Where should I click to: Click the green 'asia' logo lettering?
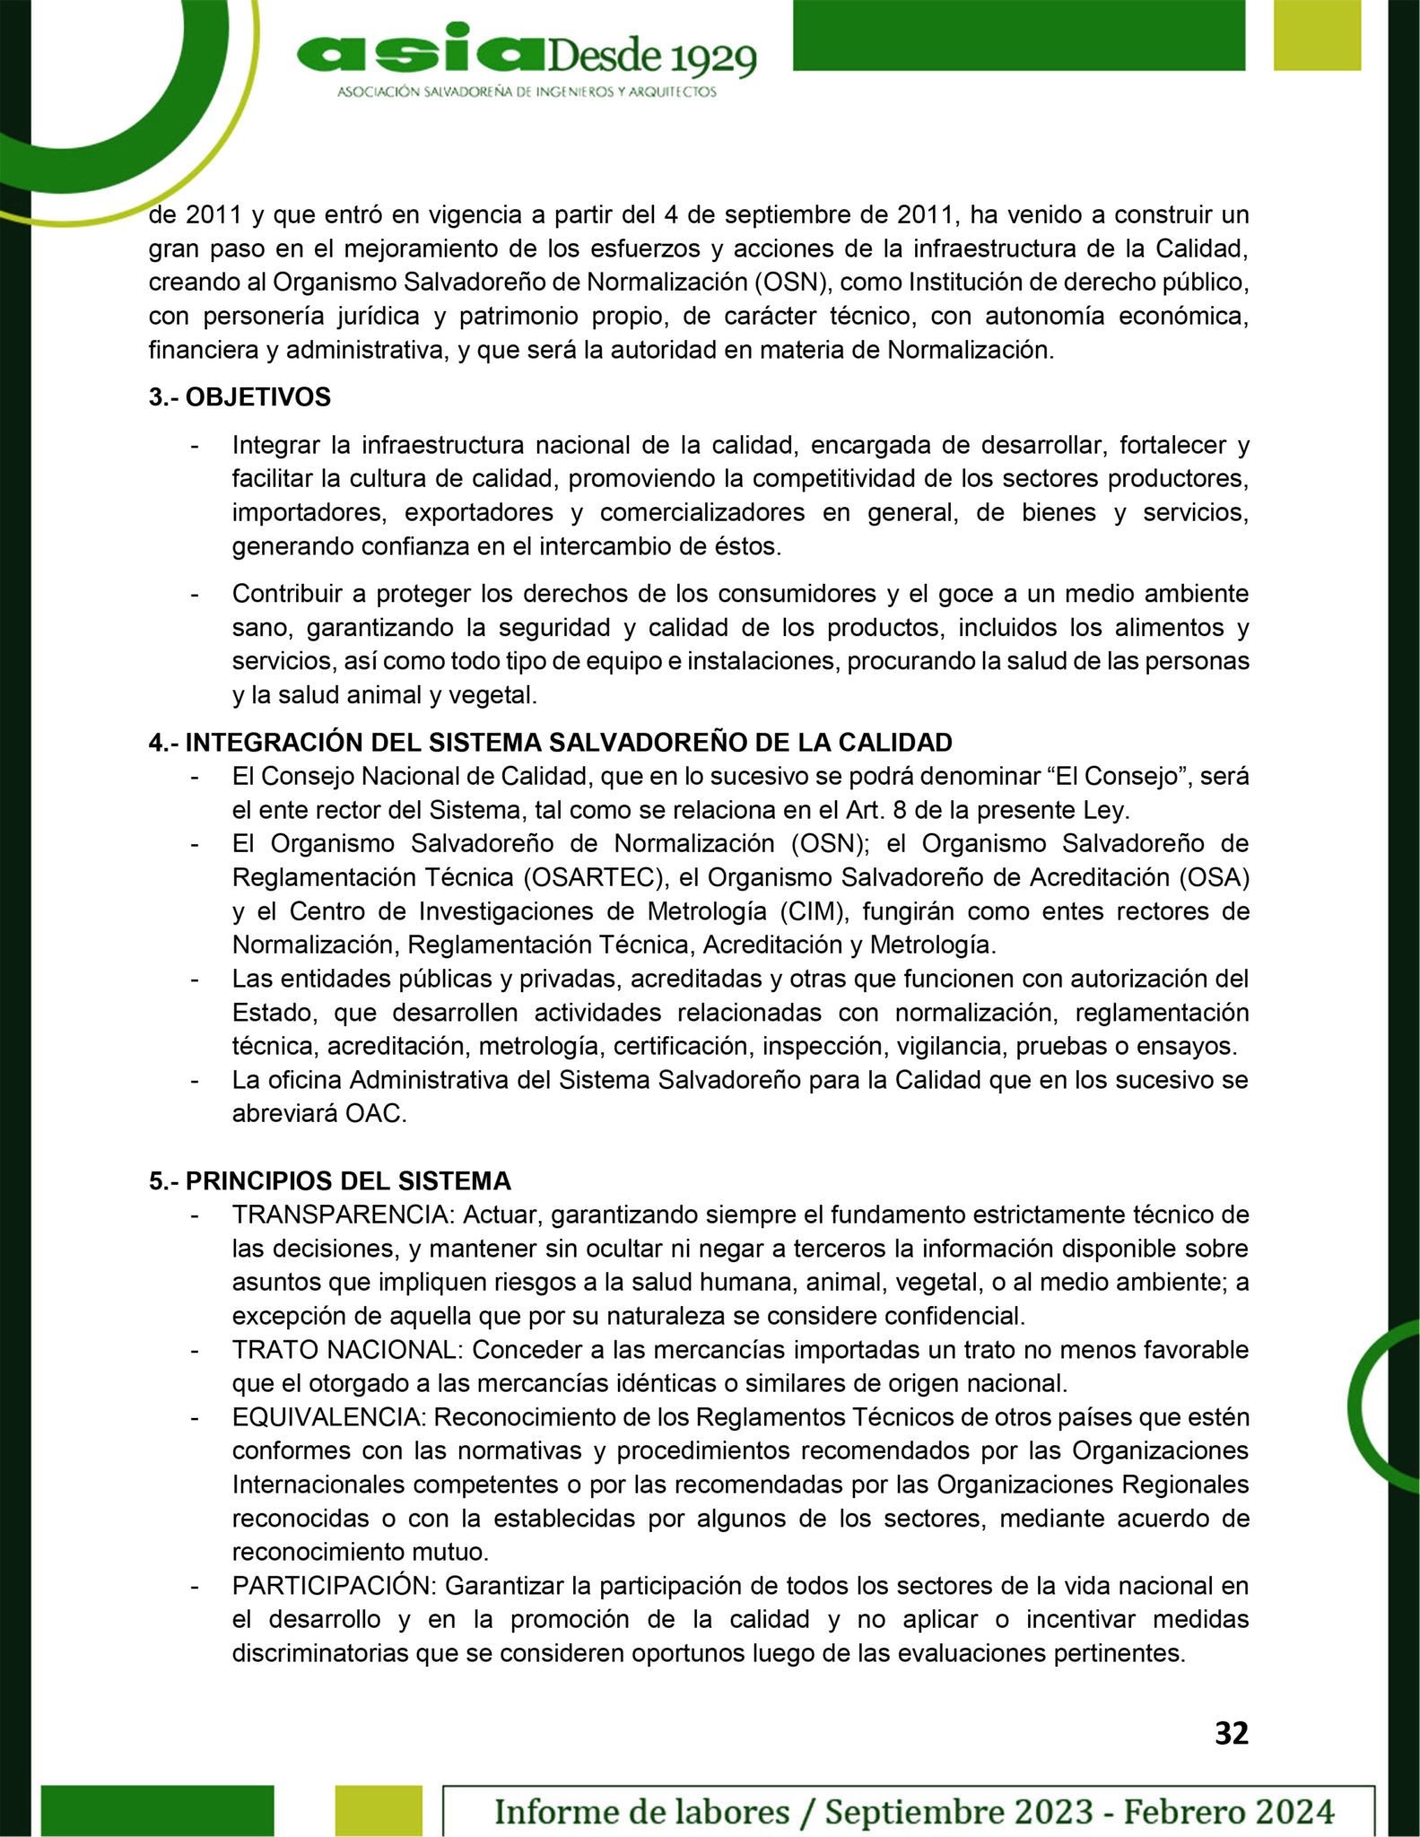pos(417,53)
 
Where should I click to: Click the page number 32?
pos(1231,1734)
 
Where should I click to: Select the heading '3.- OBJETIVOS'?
pos(240,397)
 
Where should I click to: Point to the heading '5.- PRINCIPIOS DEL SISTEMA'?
pos(330,1180)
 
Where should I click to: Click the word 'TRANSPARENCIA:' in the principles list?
pos(344,1215)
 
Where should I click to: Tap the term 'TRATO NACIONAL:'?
pos(348,1350)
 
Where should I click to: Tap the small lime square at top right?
pos(1317,34)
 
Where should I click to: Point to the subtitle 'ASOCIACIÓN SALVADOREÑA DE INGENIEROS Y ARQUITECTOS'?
pos(527,92)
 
